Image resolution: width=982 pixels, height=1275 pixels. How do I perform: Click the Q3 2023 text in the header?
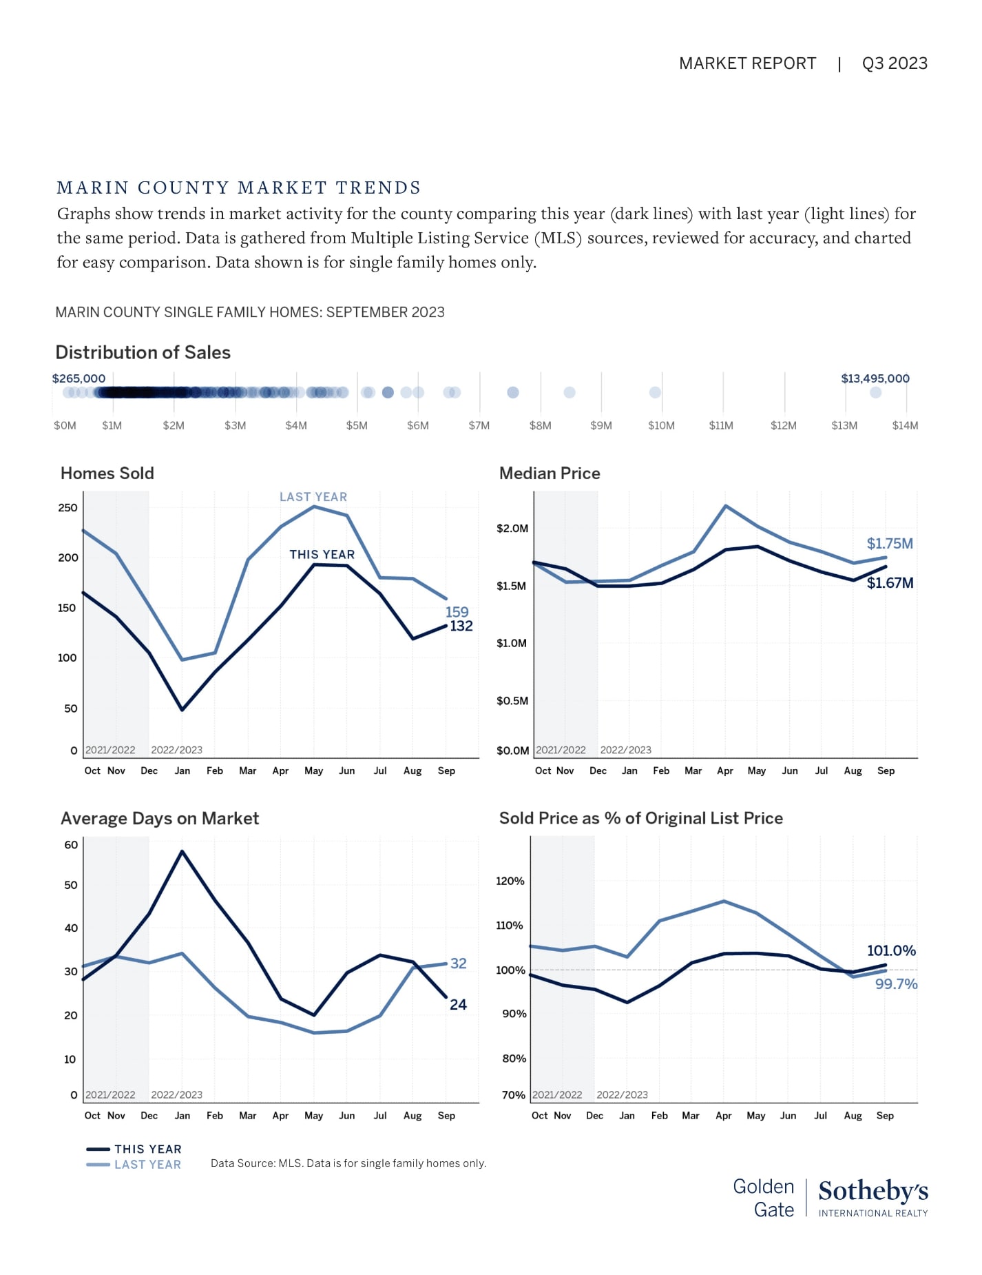[894, 63]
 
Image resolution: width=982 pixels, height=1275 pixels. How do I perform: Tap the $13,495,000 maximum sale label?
[875, 378]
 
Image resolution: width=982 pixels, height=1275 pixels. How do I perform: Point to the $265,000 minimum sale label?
[79, 378]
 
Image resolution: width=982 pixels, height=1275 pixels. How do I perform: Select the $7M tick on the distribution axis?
[479, 425]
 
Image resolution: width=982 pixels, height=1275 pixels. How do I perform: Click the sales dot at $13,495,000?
[875, 392]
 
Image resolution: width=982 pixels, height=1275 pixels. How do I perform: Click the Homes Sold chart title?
[107, 473]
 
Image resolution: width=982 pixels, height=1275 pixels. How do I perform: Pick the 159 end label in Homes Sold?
[457, 612]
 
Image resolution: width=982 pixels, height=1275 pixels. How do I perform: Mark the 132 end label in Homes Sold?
[461, 626]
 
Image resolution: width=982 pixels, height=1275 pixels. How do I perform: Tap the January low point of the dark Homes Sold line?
[182, 710]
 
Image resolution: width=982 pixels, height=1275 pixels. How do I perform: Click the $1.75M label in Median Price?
[889, 544]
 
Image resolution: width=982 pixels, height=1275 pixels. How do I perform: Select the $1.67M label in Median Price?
[890, 583]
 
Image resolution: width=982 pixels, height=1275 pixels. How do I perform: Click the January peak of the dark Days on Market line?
[182, 851]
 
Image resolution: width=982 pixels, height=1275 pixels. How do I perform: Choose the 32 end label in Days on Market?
[458, 963]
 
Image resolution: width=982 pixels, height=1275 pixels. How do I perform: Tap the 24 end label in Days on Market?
[458, 1005]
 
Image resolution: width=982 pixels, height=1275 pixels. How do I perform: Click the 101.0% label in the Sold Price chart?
[891, 951]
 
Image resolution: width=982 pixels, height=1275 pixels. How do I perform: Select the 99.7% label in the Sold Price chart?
[896, 984]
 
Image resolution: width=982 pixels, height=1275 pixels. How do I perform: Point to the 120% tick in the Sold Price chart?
[510, 881]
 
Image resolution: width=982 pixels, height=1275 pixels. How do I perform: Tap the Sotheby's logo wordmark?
[873, 1191]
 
